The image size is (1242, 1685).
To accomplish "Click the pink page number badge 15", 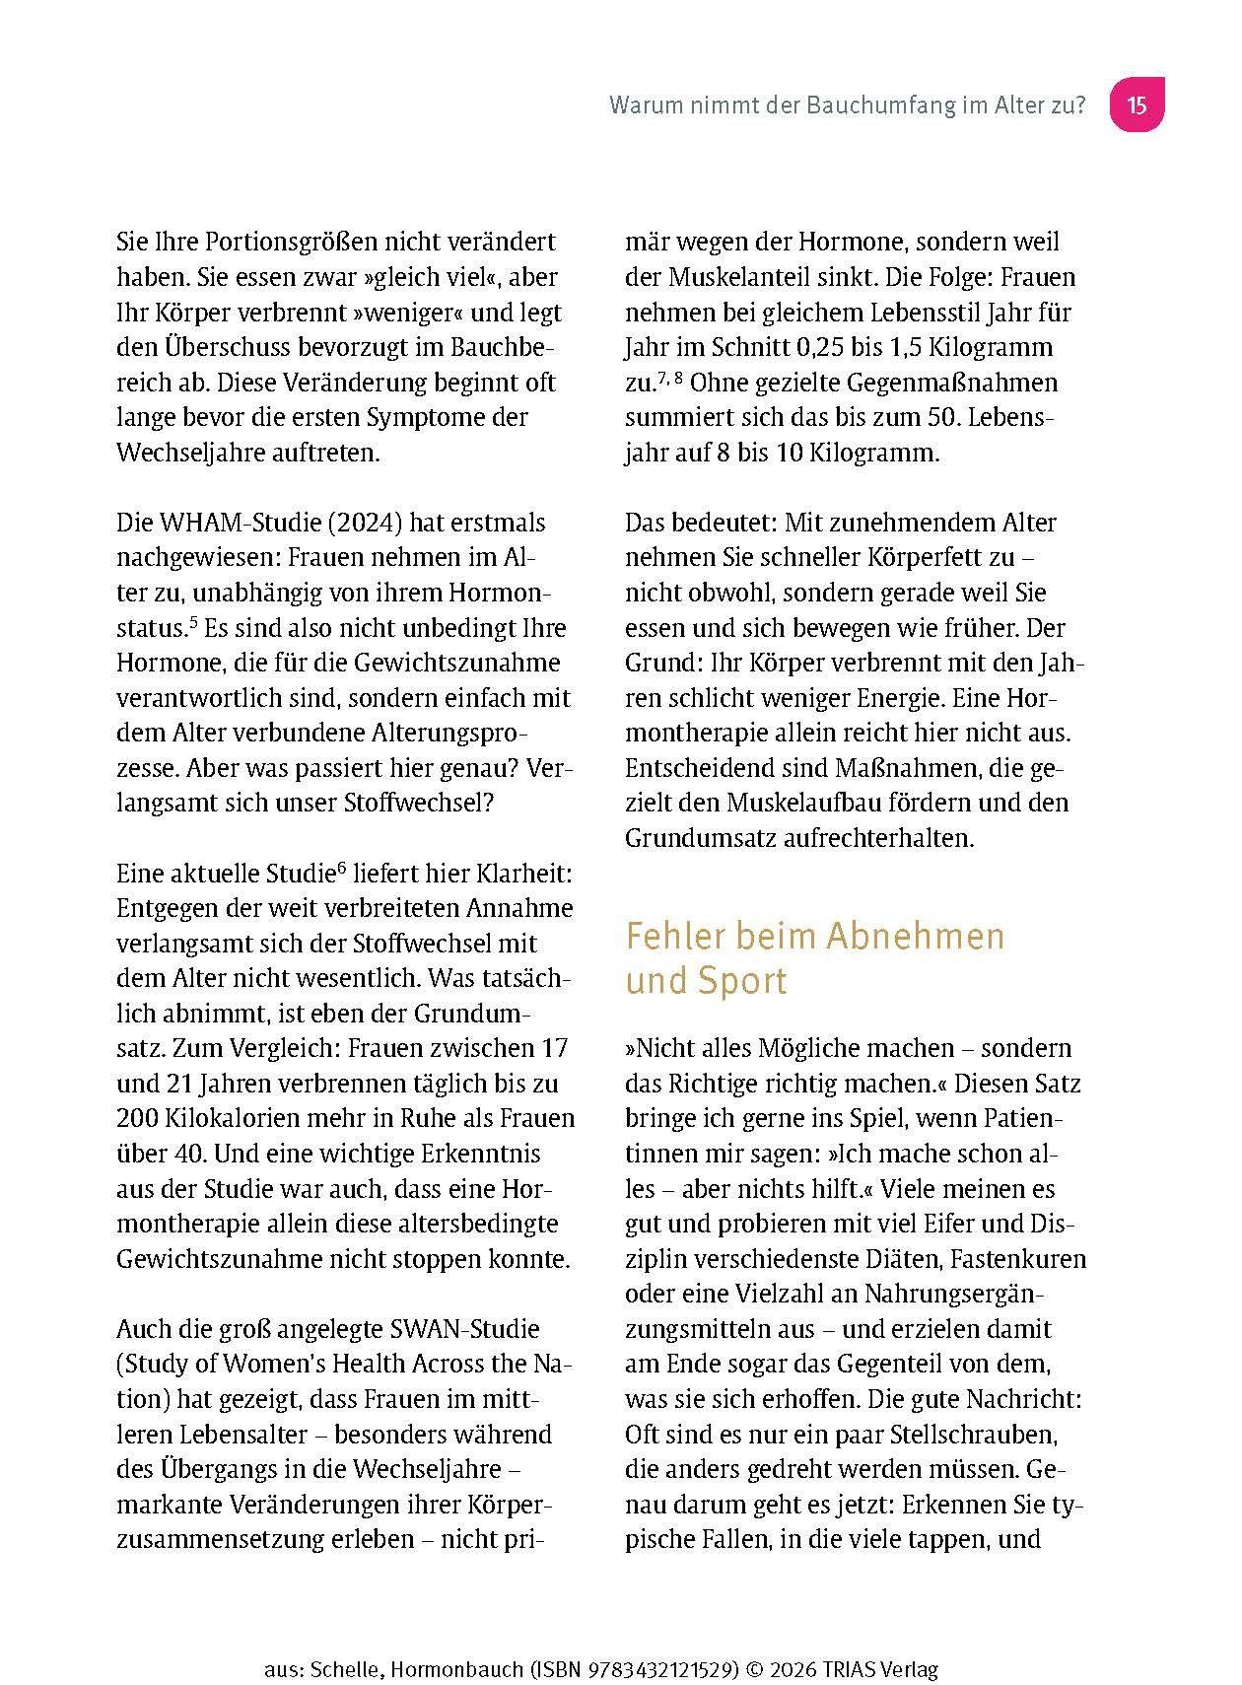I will coord(1137,105).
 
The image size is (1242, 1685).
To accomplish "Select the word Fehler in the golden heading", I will coord(672,936).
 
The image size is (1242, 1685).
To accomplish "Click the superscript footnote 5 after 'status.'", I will coord(195,621).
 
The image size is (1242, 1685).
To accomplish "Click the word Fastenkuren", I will coord(1019,1259).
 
